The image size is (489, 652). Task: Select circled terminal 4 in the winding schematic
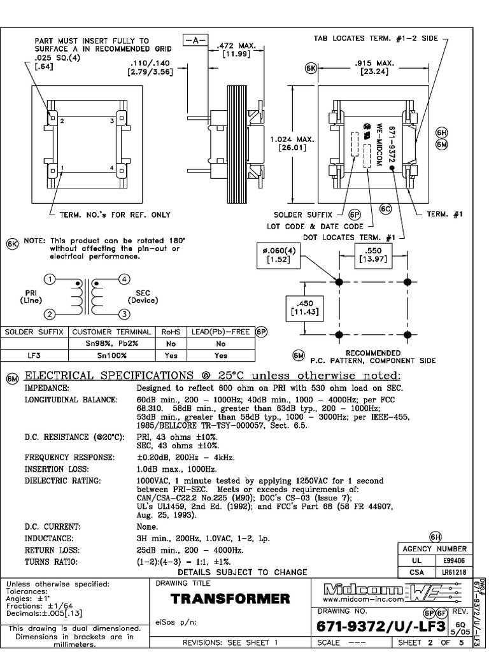click(x=125, y=279)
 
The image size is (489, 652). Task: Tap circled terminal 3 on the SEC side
click(x=125, y=313)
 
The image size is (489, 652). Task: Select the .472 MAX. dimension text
click(x=236, y=50)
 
